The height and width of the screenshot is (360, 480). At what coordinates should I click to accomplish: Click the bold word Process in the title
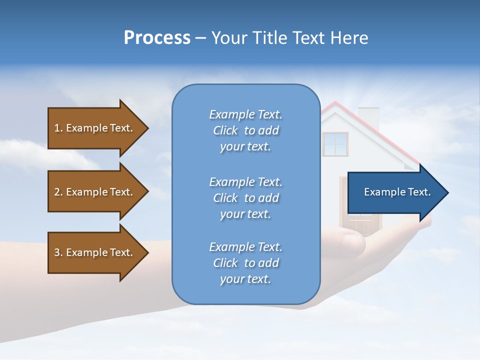(157, 38)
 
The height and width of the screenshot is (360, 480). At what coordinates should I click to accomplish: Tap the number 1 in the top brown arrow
(57, 128)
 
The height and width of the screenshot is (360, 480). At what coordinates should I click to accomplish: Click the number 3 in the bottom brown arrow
(57, 252)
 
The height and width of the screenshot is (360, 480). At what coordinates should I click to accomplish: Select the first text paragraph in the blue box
(245, 130)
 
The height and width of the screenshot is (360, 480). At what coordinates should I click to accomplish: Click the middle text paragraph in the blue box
(245, 198)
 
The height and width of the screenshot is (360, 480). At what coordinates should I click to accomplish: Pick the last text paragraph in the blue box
(245, 263)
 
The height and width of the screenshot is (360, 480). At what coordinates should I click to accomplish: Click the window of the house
(335, 144)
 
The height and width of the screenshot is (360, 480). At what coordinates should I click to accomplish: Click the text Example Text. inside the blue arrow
(397, 192)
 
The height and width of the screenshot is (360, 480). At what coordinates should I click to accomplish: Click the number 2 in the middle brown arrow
(57, 192)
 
